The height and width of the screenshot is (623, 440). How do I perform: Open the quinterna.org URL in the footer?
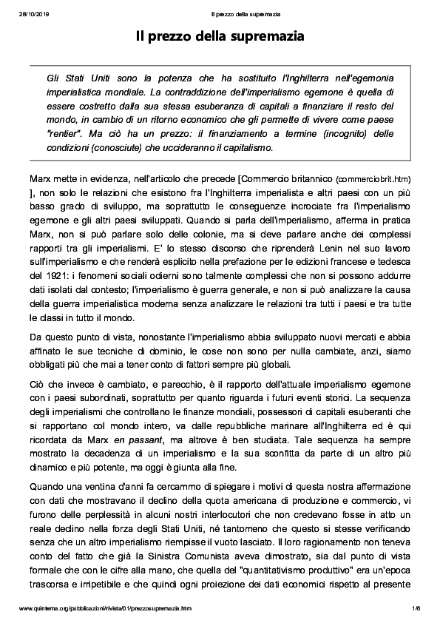(104, 607)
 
